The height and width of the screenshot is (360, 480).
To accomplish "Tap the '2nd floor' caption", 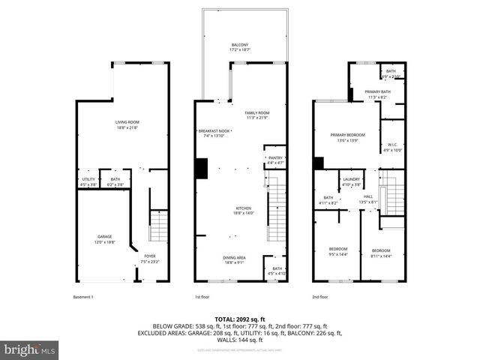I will click(x=320, y=297).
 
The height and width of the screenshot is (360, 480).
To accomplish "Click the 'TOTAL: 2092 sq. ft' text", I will click(x=240, y=319).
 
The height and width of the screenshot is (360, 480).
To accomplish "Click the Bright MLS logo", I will click(x=30, y=349).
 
